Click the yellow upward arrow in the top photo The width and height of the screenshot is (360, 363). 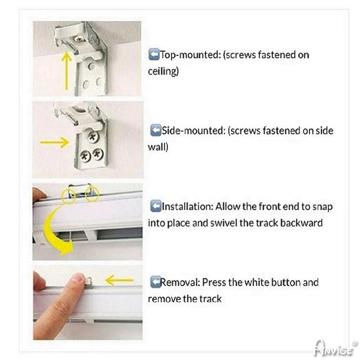(x=66, y=71)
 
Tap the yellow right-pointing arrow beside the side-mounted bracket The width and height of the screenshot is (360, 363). (x=55, y=142)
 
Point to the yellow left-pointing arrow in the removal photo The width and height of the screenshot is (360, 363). (x=119, y=280)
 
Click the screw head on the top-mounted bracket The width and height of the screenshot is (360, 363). (x=79, y=39)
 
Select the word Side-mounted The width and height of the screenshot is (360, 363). (x=194, y=131)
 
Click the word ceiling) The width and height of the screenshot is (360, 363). (x=163, y=71)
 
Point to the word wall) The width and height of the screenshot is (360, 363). (x=158, y=147)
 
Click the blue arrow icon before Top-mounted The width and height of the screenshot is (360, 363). (x=154, y=55)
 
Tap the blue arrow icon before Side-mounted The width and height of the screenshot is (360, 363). (x=155, y=130)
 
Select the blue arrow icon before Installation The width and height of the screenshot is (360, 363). (x=155, y=206)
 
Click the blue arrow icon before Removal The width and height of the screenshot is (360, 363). (x=155, y=282)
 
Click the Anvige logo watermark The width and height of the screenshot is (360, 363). (x=335, y=348)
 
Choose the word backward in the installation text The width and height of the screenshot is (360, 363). (x=301, y=223)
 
